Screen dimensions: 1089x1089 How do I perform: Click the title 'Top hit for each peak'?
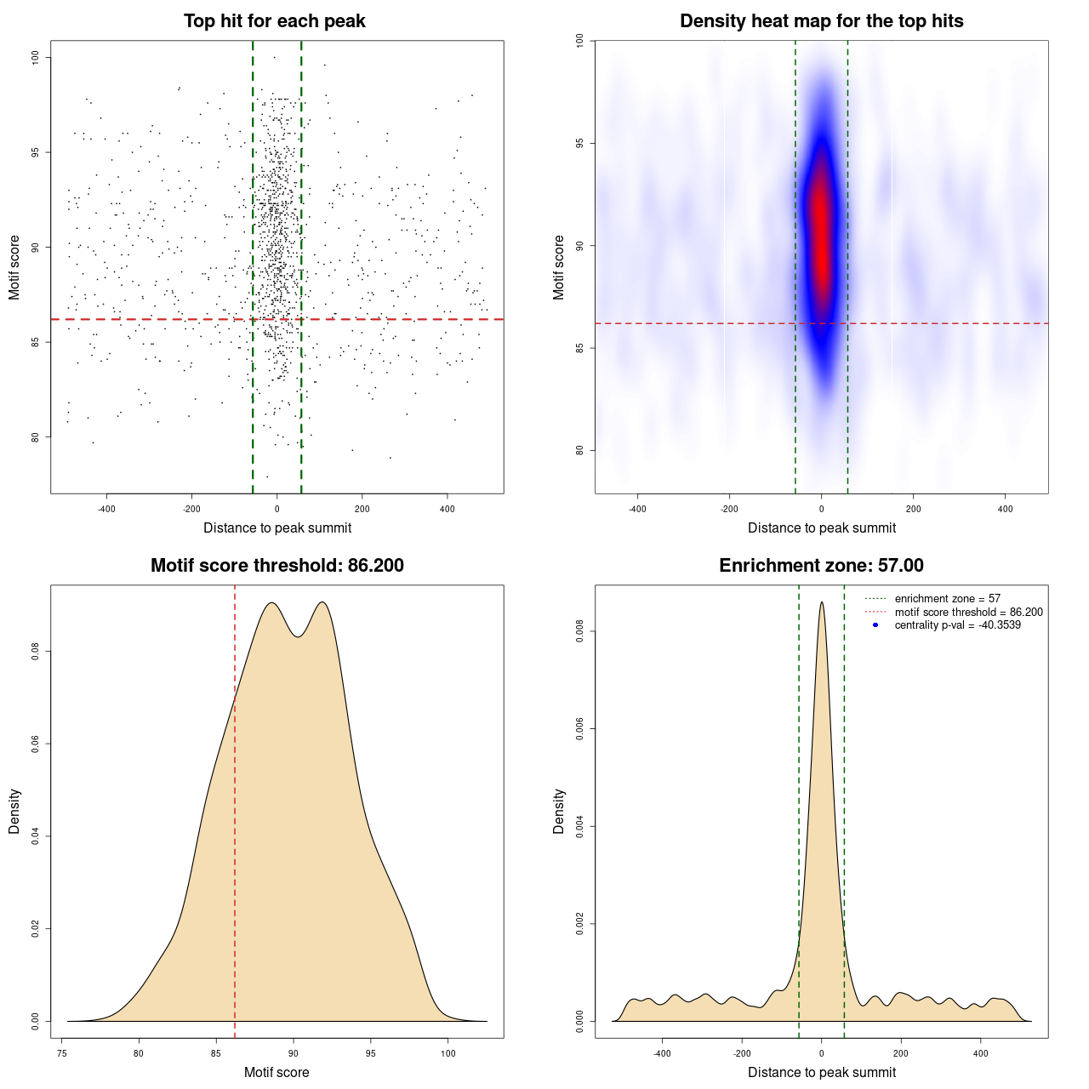[274, 21]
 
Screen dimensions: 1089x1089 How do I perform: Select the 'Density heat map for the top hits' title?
[821, 21]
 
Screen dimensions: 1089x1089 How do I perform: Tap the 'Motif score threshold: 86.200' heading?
[277, 566]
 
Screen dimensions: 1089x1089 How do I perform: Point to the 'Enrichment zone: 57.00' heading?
[821, 566]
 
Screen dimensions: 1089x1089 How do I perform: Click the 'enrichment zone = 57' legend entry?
[947, 599]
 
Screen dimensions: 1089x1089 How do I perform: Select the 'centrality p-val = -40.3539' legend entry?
[957, 625]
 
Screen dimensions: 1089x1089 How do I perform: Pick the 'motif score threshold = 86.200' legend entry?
[968, 613]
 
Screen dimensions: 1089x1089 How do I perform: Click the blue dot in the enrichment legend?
[875, 625]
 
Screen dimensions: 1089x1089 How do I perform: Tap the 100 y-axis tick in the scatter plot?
[36, 57]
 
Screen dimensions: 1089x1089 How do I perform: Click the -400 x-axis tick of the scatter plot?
[106, 510]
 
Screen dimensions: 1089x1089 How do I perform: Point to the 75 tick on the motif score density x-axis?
[62, 1053]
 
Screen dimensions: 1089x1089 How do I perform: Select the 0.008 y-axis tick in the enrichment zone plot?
[580, 631]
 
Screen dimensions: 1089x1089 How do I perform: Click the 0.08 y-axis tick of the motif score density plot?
[36, 652]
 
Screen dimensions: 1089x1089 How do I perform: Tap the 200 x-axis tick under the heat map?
[913, 510]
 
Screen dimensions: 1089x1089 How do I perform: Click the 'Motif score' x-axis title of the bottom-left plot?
[277, 1072]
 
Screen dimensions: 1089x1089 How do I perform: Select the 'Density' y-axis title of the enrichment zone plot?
[559, 811]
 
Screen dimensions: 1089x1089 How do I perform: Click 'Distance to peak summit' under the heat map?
[821, 527]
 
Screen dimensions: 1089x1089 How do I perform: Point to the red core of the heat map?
[820, 230]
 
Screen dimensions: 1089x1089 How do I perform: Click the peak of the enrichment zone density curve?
[821, 603]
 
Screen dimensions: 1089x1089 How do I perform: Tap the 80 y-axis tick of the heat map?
[580, 450]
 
